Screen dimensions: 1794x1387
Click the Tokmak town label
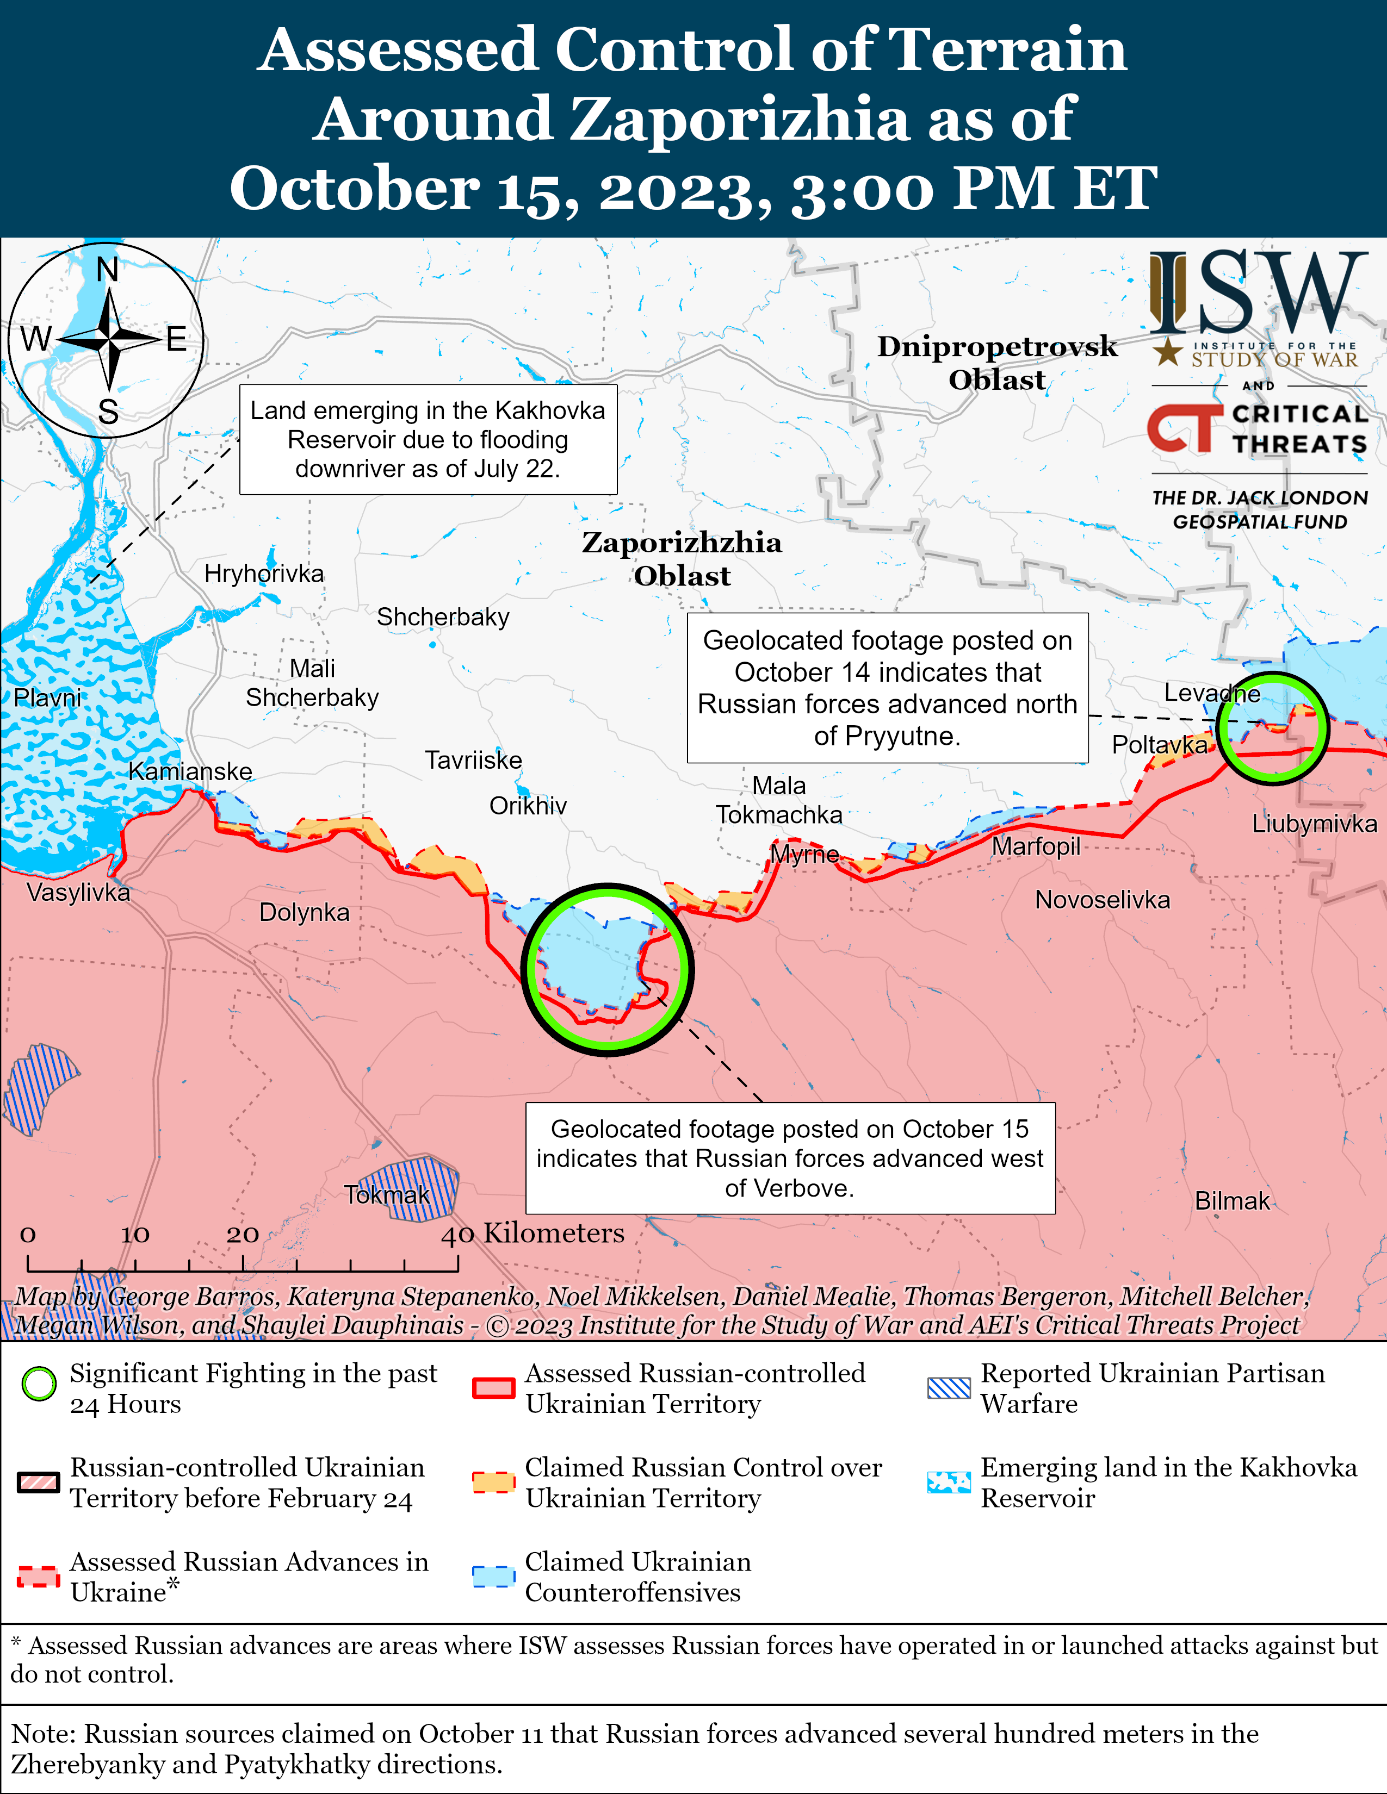pos(386,1194)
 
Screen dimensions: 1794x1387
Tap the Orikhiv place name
pos(528,806)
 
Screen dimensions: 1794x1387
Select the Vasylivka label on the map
pos(78,892)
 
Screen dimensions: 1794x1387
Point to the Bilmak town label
pos(1231,1201)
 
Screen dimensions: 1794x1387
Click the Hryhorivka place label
pos(264,574)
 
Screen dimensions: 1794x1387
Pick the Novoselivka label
pos(1102,900)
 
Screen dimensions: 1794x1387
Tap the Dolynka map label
pos(304,913)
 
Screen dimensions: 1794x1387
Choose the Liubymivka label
pos(1314,824)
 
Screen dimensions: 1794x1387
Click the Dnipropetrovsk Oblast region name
pos(996,362)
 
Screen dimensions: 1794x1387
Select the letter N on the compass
pos(108,270)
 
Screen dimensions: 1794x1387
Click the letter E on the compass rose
pos(176,339)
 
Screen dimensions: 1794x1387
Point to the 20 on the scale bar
pos(243,1235)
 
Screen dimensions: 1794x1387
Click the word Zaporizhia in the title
pos(740,119)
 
